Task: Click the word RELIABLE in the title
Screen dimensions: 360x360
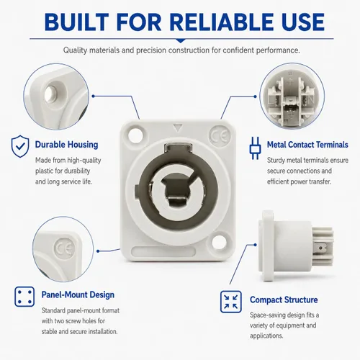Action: click(222, 22)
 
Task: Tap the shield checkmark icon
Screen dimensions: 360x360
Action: click(20, 146)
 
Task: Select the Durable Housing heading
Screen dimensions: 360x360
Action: click(66, 145)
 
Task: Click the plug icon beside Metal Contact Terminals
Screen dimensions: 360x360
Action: click(255, 148)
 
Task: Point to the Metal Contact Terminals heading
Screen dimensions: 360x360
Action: click(307, 145)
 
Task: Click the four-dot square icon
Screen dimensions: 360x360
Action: click(24, 297)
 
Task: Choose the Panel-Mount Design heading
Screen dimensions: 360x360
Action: click(78, 294)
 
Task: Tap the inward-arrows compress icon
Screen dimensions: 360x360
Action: click(231, 302)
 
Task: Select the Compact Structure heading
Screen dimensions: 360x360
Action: click(284, 300)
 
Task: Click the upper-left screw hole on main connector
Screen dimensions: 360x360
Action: click(135, 135)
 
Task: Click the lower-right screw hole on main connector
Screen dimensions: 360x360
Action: click(219, 243)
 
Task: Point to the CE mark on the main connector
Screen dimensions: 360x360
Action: click(219, 136)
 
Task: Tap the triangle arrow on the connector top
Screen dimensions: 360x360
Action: click(178, 128)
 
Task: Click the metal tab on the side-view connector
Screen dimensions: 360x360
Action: click(321, 247)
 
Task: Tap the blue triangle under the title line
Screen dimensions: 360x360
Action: click(181, 41)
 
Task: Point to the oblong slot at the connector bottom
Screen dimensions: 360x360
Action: click(163, 251)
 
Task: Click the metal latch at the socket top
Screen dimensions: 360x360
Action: click(178, 148)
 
